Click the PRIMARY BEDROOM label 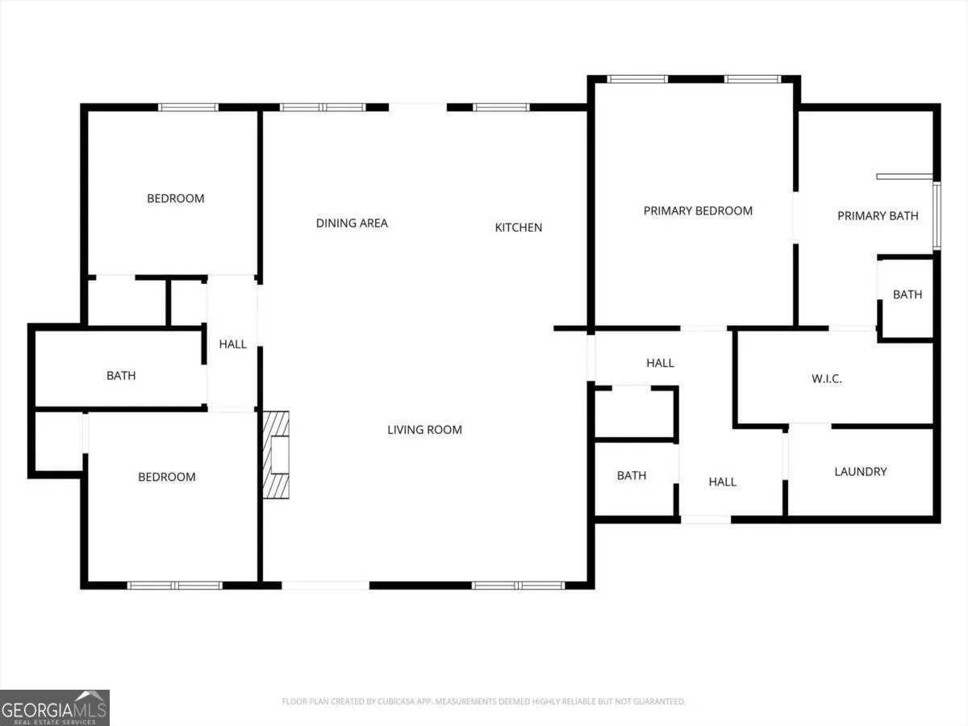pos(698,211)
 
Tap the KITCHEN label pos(518,227)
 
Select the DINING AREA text pos(352,223)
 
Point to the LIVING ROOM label pos(424,430)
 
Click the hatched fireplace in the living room pos(276,455)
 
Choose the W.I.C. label pos(827,378)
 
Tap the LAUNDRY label pos(861,472)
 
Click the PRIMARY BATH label pos(878,216)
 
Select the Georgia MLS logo pos(55,708)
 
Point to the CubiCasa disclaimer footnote pos(483,701)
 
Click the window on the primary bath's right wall pos(937,216)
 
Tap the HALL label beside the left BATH pos(233,344)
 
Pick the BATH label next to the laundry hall pos(632,476)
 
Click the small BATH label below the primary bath pos(907,294)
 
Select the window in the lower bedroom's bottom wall pos(175,586)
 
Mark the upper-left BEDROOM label pos(176,198)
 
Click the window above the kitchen pos(502,107)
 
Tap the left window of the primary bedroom pos(637,79)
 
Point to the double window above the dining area pos(323,107)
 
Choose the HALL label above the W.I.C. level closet pos(660,363)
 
